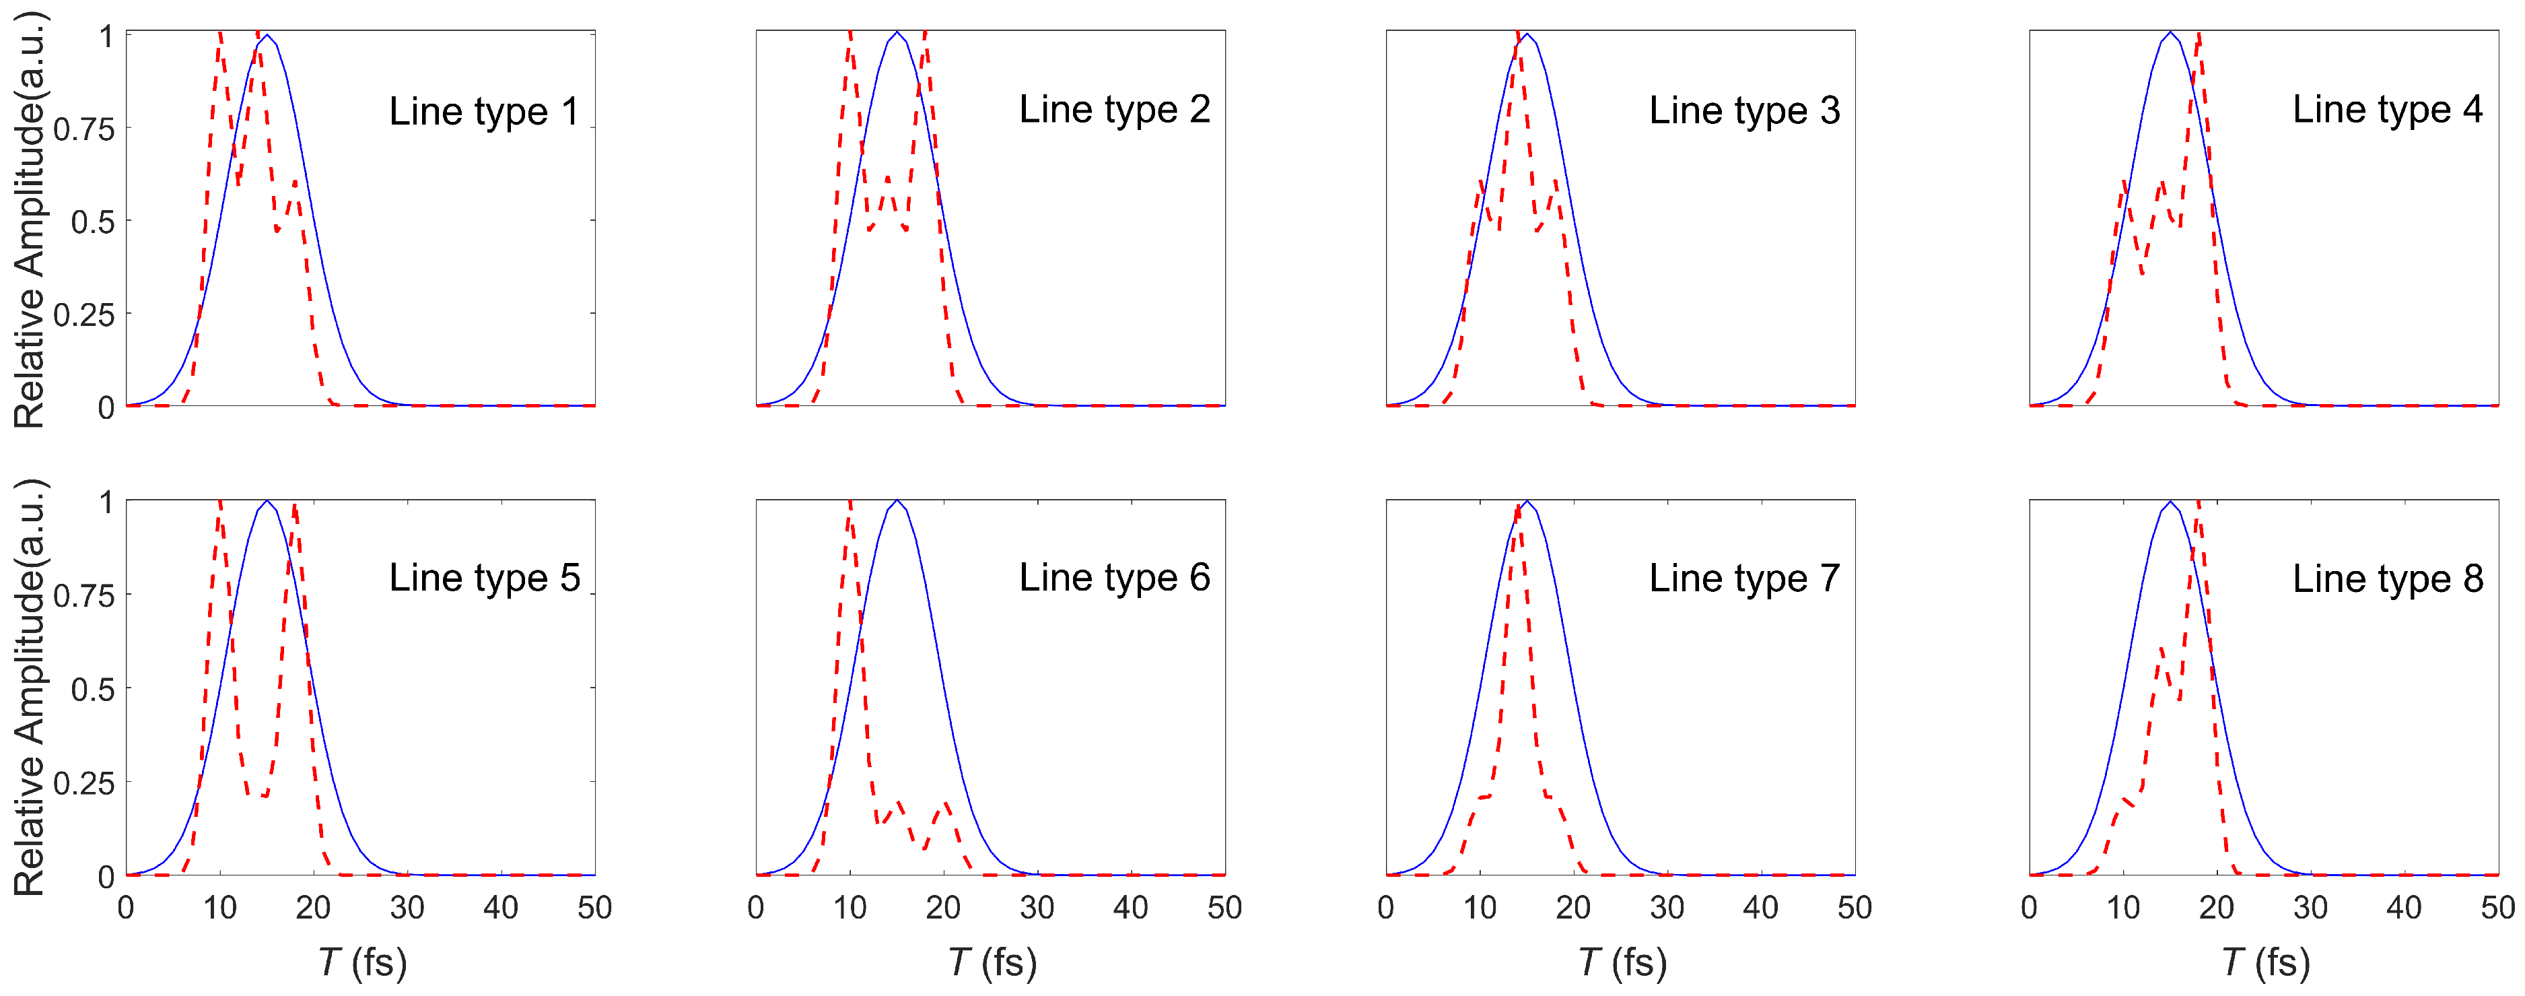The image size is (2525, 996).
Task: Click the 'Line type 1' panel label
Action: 483,112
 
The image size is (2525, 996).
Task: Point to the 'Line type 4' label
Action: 2387,110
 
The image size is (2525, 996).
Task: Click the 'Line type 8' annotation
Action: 2387,578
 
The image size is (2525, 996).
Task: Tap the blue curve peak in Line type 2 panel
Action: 897,34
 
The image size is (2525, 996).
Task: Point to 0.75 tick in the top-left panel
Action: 84,129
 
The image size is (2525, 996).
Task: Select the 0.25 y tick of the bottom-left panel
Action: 84,783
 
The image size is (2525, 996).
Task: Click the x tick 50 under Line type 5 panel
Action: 594,908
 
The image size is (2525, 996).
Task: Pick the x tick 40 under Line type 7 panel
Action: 1760,908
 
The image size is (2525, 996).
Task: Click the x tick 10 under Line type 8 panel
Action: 2123,908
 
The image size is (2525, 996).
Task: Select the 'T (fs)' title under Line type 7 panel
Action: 1622,963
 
